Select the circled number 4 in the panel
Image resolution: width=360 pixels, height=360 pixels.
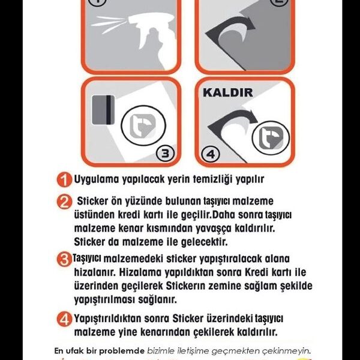(x=209, y=154)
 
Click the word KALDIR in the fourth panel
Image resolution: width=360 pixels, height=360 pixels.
(x=229, y=93)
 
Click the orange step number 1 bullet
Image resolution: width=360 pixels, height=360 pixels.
(x=65, y=179)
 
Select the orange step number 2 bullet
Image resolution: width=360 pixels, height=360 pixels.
(x=65, y=202)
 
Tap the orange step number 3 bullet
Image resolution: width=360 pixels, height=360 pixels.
(x=65, y=260)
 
